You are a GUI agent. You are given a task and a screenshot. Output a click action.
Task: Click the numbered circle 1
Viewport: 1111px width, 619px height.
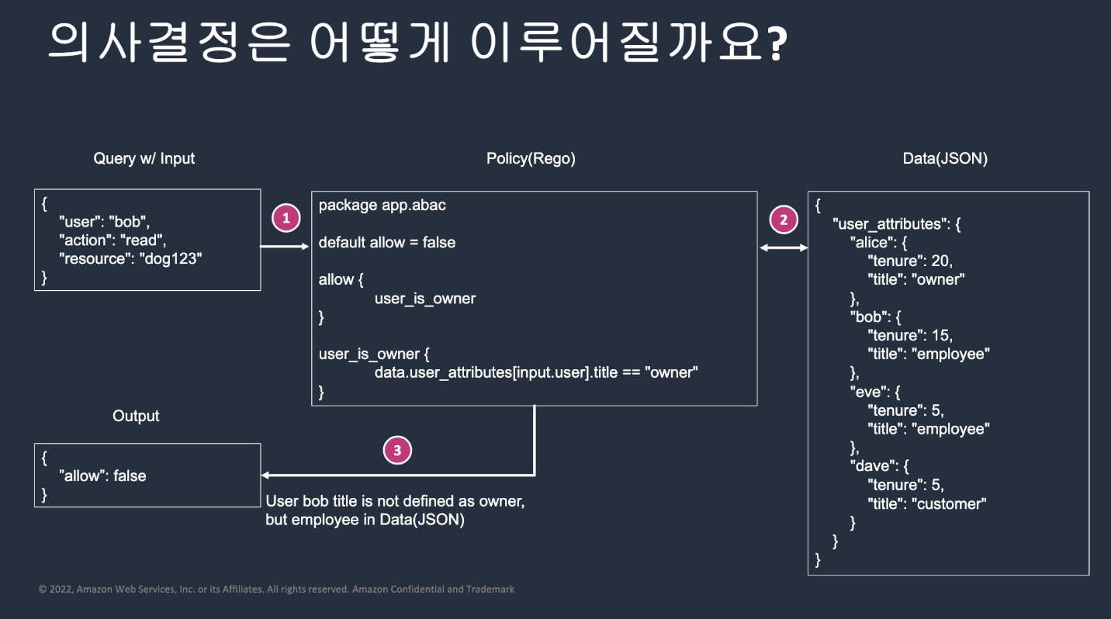click(286, 218)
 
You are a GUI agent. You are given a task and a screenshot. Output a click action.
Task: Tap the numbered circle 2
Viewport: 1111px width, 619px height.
click(783, 220)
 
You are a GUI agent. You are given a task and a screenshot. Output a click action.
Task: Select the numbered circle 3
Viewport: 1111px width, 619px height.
click(397, 450)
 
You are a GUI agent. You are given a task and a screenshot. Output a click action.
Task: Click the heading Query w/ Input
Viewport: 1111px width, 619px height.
click(144, 158)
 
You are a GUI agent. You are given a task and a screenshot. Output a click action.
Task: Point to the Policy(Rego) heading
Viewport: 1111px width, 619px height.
click(531, 158)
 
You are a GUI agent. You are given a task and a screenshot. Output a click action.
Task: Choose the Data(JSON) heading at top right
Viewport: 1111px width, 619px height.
click(945, 158)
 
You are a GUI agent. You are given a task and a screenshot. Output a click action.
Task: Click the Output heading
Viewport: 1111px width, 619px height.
click(136, 416)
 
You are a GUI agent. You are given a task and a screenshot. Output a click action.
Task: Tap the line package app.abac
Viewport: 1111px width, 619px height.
click(382, 206)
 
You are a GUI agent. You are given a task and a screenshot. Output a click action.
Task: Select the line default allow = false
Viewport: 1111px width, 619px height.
click(386, 243)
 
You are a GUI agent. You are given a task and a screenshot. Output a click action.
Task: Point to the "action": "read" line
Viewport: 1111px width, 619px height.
click(112, 240)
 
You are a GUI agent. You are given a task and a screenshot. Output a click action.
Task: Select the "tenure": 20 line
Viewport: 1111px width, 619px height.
click(915, 261)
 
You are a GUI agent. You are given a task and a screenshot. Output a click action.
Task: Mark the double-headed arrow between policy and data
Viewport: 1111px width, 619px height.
click(782, 247)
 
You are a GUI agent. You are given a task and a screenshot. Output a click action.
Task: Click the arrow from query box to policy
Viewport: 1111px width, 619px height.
click(285, 247)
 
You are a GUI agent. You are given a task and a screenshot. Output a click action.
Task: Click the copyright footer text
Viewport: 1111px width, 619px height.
click(276, 590)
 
